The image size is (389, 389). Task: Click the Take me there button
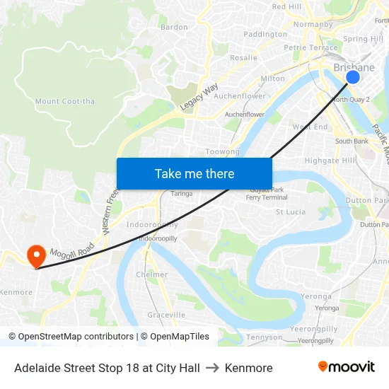coord(194,173)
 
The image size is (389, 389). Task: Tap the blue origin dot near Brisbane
coord(352,77)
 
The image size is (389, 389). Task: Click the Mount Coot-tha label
coord(64,101)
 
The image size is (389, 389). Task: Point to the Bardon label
coord(175,27)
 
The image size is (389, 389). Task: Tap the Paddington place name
coord(265,34)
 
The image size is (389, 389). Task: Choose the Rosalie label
coord(244,57)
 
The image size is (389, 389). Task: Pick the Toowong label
coord(222,151)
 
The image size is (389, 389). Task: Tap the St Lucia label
coord(290,211)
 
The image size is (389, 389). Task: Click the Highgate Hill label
coord(330,161)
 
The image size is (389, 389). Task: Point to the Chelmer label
coord(151,274)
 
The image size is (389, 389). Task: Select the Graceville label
coord(166,315)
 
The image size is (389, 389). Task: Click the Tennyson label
coord(265,337)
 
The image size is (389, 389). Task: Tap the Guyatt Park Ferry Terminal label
coord(267,193)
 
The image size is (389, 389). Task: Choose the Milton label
coord(273,79)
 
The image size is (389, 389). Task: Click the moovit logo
coord(347,367)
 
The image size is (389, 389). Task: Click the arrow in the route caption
coord(212,368)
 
